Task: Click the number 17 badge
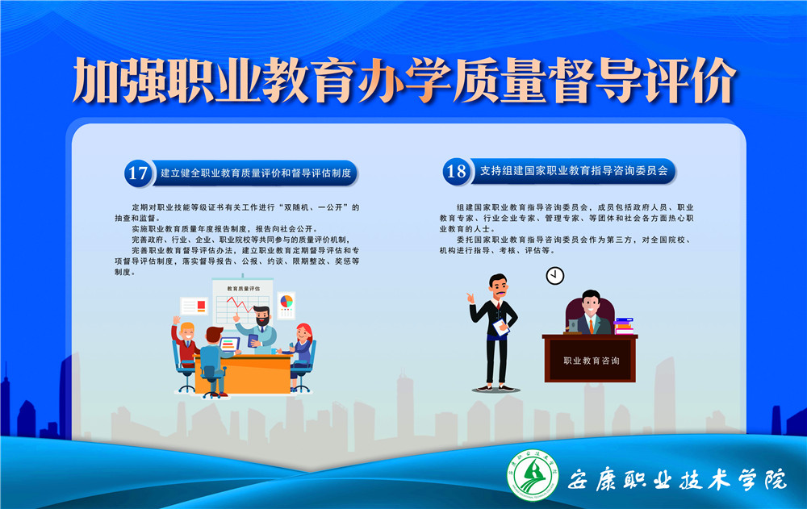click(x=138, y=173)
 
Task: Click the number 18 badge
click(x=456, y=171)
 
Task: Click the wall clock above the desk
click(x=555, y=275)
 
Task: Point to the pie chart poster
click(x=286, y=305)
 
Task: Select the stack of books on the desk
click(x=624, y=327)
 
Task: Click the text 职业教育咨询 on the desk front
click(x=591, y=361)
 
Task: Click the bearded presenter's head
click(x=261, y=315)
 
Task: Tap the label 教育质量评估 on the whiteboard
click(x=244, y=289)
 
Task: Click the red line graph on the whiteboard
click(x=240, y=305)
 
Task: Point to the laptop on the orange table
click(x=229, y=343)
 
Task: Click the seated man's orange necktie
click(x=592, y=325)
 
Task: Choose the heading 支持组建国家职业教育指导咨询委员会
click(x=574, y=171)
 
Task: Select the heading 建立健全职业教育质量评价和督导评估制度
click(x=256, y=173)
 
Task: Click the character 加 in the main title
click(x=97, y=81)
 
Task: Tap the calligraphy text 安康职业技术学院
click(x=677, y=480)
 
